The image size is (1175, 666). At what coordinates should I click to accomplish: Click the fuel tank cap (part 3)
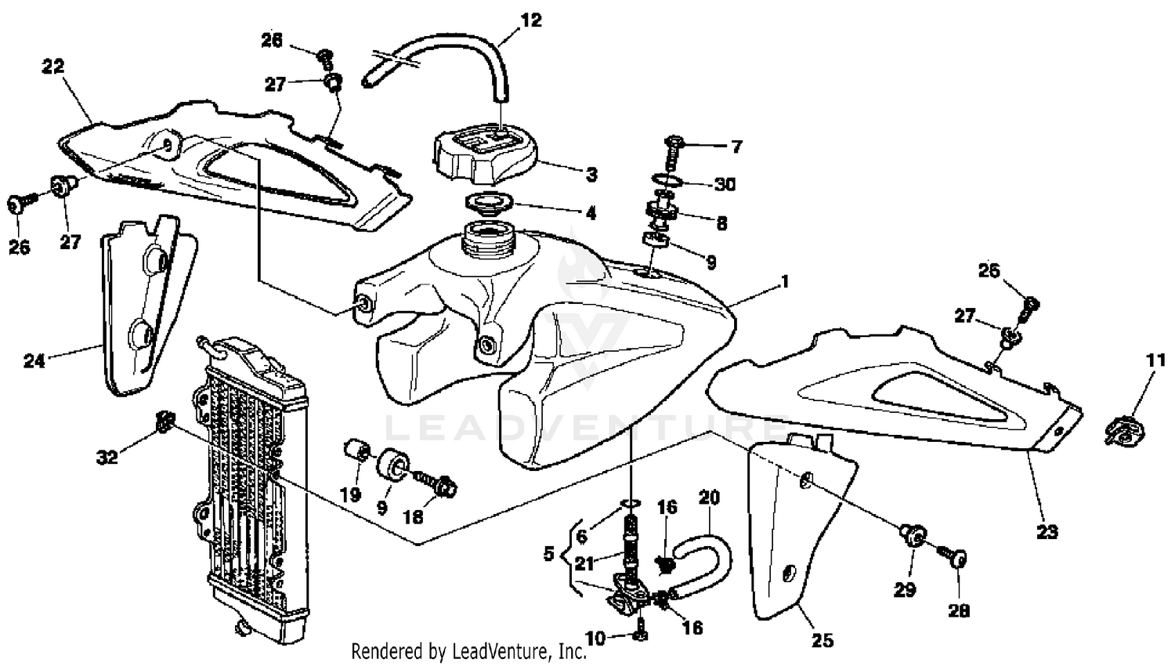tap(483, 153)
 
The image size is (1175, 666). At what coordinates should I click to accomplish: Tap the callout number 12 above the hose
tap(531, 20)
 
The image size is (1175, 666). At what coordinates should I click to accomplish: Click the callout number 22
tap(52, 67)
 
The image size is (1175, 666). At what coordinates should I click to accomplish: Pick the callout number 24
tap(34, 361)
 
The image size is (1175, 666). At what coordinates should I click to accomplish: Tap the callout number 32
tap(107, 457)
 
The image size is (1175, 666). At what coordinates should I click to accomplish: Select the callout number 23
tap(1047, 532)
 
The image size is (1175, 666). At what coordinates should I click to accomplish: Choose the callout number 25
tap(822, 640)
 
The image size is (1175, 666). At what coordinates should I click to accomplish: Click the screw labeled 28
tap(955, 558)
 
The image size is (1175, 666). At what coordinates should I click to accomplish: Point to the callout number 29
tap(905, 589)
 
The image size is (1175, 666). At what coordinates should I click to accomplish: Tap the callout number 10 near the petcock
tap(595, 639)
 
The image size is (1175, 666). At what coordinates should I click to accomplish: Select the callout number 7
tap(736, 147)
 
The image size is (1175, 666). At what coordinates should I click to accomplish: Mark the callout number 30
tap(725, 184)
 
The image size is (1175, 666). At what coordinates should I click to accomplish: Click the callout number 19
tap(349, 494)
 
